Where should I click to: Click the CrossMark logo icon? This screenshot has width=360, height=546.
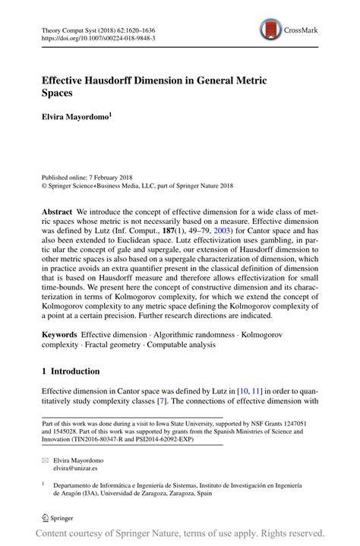270,30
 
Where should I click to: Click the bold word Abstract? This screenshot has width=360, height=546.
58,209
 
